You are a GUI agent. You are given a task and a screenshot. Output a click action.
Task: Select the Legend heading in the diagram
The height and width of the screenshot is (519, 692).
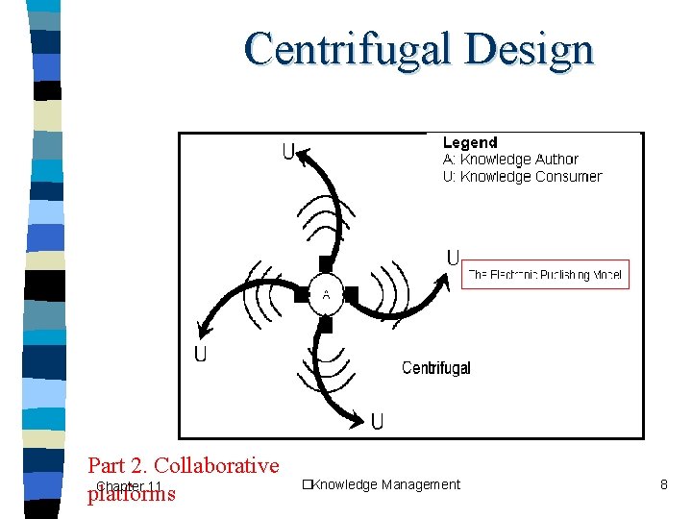(x=470, y=143)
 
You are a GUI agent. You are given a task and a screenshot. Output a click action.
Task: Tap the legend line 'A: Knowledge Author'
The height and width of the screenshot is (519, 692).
(x=510, y=160)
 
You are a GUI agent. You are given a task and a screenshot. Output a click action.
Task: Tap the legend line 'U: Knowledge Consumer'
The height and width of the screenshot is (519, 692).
(x=522, y=177)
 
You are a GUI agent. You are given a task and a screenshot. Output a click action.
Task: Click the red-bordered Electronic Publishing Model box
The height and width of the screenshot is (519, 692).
(x=545, y=275)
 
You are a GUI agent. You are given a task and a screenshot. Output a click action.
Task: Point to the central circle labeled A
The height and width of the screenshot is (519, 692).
(x=326, y=294)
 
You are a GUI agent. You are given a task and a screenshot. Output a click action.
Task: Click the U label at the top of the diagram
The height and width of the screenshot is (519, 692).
(x=288, y=152)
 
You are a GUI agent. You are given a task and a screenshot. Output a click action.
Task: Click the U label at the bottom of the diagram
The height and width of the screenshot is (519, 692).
(x=378, y=421)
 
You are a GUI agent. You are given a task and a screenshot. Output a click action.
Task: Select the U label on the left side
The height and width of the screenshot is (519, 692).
(x=201, y=355)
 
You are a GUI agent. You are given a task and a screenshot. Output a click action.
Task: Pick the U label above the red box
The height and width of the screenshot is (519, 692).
(x=453, y=258)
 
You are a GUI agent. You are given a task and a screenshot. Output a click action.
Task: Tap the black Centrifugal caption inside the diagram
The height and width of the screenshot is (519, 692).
(x=435, y=368)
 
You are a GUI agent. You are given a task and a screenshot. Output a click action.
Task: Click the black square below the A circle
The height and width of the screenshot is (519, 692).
(x=326, y=325)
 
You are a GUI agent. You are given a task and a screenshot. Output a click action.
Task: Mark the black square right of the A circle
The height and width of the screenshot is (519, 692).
(x=352, y=293)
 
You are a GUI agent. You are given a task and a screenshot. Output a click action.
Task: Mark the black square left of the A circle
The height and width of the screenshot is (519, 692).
(x=301, y=294)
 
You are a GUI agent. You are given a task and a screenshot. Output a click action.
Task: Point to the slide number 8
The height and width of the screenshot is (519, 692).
(x=663, y=484)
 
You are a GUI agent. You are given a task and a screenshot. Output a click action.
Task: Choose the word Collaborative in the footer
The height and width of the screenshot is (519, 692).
(x=216, y=466)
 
